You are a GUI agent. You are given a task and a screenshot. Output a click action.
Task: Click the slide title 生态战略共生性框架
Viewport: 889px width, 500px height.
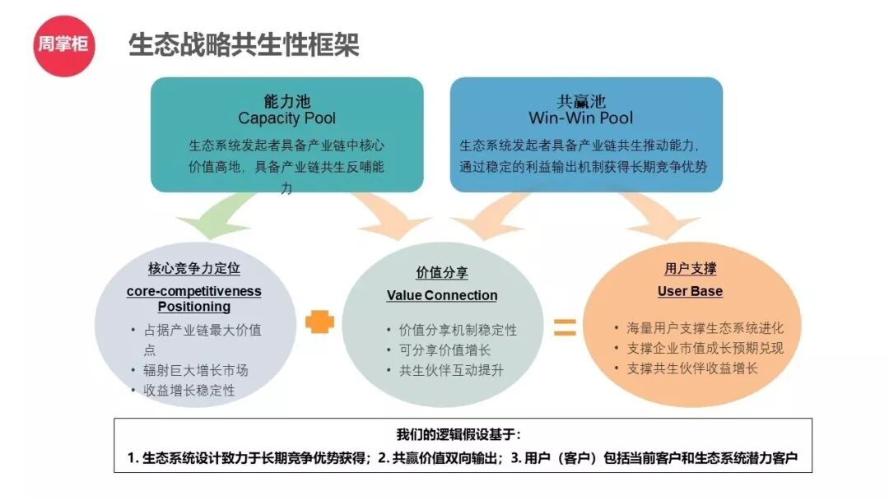244,44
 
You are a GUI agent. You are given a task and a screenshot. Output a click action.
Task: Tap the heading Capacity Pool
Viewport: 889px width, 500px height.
286,118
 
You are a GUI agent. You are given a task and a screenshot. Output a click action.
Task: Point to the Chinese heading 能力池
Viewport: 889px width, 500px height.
286,100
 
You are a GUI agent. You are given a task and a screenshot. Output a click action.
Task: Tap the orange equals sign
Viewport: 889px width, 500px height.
564,326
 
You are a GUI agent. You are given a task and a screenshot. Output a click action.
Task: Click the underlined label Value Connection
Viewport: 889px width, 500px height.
442,295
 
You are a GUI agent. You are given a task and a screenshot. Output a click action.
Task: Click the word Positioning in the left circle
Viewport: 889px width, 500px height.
194,307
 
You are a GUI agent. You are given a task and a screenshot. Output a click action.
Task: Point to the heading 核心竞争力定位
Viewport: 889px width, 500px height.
194,269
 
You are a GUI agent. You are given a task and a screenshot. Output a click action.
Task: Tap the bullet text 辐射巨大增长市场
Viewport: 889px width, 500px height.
196,370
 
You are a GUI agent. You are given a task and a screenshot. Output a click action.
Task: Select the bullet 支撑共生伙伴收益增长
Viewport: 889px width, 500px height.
692,368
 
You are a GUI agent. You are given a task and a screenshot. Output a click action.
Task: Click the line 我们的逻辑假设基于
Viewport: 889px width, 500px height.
458,434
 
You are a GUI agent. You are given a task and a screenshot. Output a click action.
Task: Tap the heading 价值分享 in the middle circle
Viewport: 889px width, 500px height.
442,274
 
